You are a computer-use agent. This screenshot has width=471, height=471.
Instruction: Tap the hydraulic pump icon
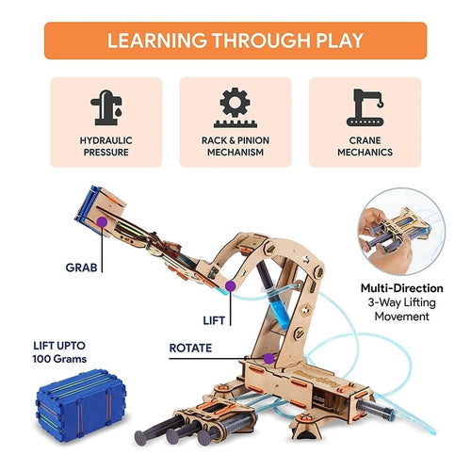coord(106,107)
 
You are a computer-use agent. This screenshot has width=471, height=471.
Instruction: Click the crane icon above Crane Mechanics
coord(365,107)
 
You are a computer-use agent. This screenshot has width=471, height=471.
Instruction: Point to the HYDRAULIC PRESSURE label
coord(106,146)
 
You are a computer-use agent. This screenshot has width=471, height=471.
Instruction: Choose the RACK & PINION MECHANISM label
coord(235,146)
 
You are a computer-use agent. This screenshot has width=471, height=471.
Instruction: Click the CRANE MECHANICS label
coord(365,146)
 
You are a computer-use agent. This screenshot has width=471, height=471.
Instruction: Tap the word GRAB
coord(81,268)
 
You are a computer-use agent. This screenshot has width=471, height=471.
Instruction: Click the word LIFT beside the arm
coord(214,320)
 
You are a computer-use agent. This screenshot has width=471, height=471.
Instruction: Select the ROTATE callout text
coord(190,348)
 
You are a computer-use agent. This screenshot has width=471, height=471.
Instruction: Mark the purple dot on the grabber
coord(102,222)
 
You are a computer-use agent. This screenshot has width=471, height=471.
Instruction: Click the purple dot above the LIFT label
coord(231,286)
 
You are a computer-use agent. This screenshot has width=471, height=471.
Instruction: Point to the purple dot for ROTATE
coord(268,359)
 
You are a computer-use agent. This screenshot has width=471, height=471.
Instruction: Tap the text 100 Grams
coord(59,359)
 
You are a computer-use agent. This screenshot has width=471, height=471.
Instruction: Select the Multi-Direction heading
coord(402,288)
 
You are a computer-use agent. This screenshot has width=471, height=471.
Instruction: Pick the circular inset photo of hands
coord(402,232)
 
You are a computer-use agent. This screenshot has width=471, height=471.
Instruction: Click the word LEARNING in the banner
coord(157,41)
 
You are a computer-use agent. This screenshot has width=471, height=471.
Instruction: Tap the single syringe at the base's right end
coord(375,409)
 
